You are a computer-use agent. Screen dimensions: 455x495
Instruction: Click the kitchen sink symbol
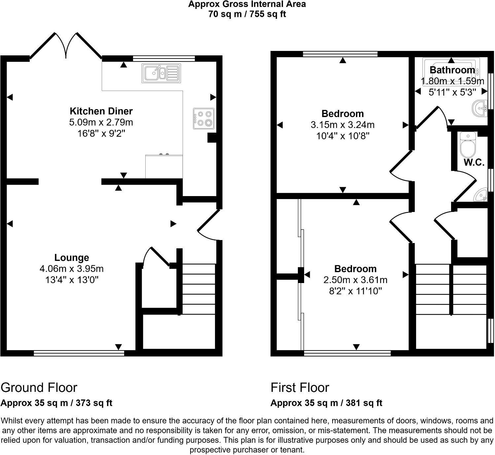(x=161, y=73)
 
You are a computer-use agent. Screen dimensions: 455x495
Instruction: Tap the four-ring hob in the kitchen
(x=203, y=118)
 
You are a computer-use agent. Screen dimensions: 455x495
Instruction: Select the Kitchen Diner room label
(x=101, y=111)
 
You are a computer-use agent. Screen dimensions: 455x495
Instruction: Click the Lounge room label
(x=72, y=258)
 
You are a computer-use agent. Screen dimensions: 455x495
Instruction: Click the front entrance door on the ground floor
(x=208, y=225)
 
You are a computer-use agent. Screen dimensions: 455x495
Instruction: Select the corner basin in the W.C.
(x=481, y=195)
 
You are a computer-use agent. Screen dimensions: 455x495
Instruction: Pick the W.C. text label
(x=474, y=162)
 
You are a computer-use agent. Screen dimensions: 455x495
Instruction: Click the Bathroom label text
(x=452, y=70)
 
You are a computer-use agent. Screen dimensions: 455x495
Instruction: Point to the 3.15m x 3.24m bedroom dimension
(x=342, y=125)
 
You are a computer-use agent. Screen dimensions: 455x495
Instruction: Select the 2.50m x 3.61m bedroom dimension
(x=355, y=280)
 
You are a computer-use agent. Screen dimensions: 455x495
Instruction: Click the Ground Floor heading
(x=39, y=388)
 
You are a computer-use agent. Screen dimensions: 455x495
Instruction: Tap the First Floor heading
(x=300, y=388)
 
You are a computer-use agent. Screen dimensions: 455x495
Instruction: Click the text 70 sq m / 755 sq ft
(x=247, y=14)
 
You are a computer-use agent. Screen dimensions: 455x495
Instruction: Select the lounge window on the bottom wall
(x=79, y=353)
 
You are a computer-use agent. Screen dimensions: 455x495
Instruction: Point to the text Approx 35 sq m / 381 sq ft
(x=326, y=403)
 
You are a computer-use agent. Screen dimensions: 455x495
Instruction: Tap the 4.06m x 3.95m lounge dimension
(x=72, y=269)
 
